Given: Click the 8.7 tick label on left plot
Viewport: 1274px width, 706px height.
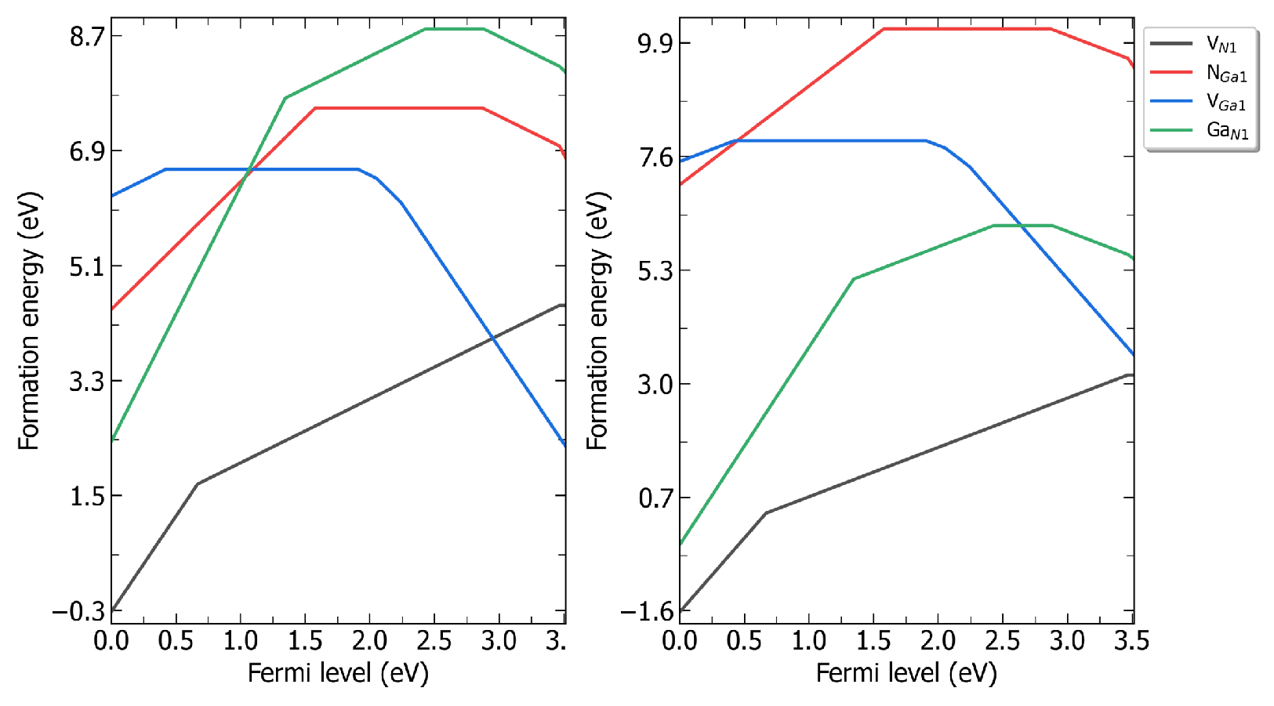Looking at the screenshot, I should (86, 36).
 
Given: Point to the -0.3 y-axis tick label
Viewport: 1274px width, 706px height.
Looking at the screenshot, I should (78, 611).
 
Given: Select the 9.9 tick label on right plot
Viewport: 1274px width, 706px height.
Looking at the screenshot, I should (655, 42).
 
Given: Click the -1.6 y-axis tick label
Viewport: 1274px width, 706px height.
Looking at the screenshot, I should (647, 611).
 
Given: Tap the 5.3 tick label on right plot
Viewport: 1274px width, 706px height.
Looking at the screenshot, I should (655, 270).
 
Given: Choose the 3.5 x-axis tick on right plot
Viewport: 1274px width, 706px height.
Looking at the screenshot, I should (1131, 641).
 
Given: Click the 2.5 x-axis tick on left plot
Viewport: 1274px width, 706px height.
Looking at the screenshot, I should (434, 641).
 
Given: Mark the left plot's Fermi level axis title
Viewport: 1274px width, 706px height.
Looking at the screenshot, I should (338, 673).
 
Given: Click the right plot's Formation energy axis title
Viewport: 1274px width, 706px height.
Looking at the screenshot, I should (597, 321).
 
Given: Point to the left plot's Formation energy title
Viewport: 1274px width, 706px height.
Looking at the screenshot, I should (29, 321).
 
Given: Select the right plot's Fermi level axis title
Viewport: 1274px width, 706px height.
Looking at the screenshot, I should (906, 673).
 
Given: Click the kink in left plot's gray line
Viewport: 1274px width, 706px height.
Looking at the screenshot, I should (198, 483).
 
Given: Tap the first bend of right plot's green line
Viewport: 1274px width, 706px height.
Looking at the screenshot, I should (854, 279).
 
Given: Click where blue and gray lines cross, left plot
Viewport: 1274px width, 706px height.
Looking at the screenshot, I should (492, 338).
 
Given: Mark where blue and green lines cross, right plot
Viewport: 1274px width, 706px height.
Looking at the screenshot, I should (1022, 226).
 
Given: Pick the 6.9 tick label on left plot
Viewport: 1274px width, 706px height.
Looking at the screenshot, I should (86, 150).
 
